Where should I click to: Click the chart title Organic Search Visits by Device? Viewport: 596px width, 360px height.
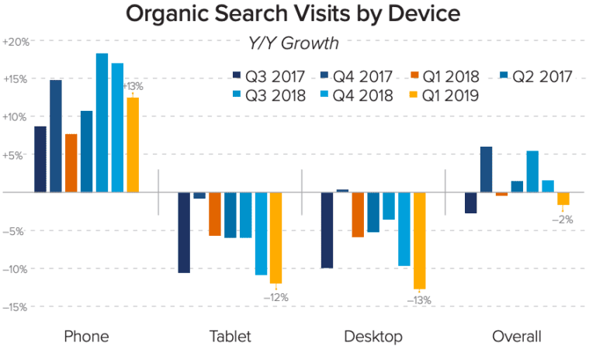pyautogui.click(x=298, y=14)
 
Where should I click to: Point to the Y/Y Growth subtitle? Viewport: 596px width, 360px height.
pyautogui.click(x=298, y=43)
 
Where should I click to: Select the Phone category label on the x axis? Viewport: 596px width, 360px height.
pyautogui.click(x=86, y=337)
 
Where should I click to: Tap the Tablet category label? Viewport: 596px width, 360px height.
pyautogui.click(x=230, y=337)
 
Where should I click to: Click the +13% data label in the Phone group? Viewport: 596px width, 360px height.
pyautogui.click(x=133, y=87)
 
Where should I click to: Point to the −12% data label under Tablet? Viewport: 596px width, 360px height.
pyautogui.click(x=275, y=296)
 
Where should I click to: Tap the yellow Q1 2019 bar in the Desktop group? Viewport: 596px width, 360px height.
pyautogui.click(x=419, y=240)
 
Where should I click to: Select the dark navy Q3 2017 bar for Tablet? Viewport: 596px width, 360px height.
pyautogui.click(x=184, y=232)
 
